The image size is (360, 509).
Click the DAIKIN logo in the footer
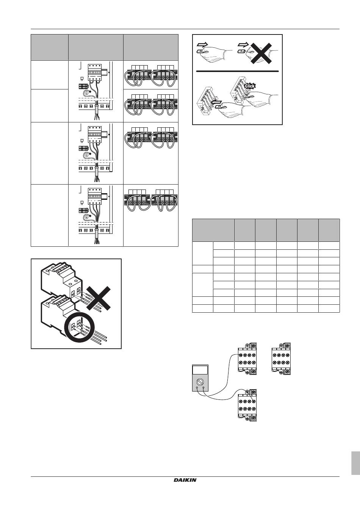point(185,480)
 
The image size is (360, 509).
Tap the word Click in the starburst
point(250,86)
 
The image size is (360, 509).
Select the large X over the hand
point(261,53)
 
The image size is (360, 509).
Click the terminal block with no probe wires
point(281,359)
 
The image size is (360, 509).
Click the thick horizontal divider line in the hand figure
point(237,71)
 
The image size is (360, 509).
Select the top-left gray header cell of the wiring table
point(50,47)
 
